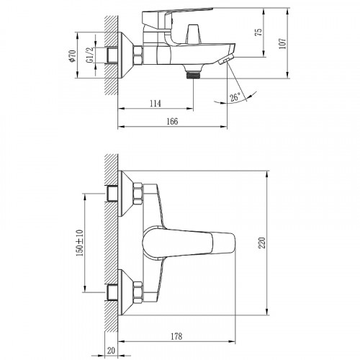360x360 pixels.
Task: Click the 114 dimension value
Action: click(156, 104)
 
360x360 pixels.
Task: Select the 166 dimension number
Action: click(172, 121)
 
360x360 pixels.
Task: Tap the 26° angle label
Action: click(235, 97)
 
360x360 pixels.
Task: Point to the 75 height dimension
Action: click(258, 32)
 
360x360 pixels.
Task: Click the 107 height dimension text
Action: click(283, 43)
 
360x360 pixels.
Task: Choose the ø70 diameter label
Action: click(72, 56)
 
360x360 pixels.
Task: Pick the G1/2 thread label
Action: click(89, 55)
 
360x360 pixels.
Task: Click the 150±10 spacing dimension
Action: click(80, 243)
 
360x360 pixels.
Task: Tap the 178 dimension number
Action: click(176, 336)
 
